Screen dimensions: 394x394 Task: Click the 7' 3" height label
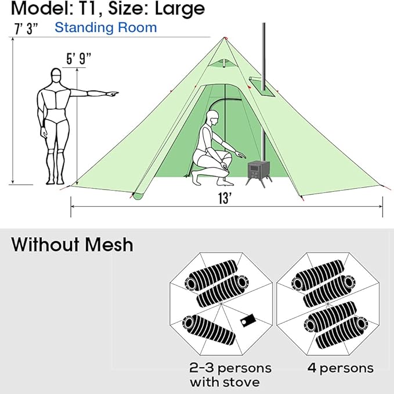click(26, 28)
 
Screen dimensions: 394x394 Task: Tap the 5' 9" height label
click(79, 59)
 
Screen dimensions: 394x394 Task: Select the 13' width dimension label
click(225, 198)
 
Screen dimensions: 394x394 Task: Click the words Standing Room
click(106, 27)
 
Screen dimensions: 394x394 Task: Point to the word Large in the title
click(180, 9)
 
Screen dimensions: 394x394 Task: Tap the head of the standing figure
click(56, 75)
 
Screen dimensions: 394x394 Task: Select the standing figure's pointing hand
click(113, 94)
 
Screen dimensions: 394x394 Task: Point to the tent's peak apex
click(225, 38)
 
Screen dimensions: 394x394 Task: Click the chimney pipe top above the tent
click(263, 24)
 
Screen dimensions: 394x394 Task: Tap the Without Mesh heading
click(72, 244)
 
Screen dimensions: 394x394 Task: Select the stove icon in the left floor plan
click(248, 321)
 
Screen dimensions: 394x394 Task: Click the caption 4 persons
click(341, 368)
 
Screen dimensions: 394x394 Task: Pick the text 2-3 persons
click(230, 368)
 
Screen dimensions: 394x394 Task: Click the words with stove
click(225, 382)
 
